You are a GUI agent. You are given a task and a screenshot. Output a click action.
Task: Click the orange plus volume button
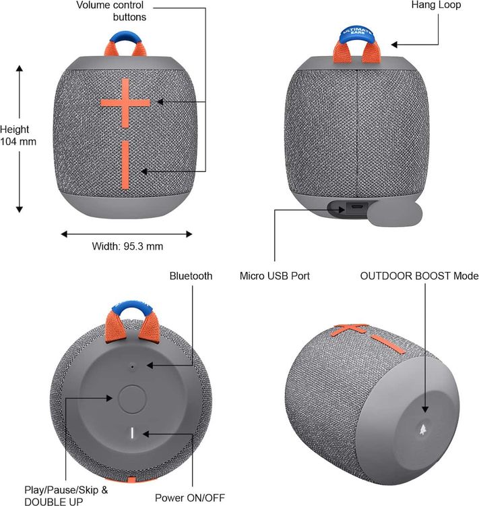(125, 103)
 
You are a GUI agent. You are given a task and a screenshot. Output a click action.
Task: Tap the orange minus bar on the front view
(125, 165)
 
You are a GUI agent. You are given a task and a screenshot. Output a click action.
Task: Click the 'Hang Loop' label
(436, 5)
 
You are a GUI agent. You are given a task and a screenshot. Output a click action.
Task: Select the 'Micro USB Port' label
(275, 276)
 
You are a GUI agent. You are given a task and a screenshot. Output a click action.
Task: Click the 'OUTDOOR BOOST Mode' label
(419, 276)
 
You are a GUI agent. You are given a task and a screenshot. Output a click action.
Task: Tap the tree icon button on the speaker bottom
(422, 429)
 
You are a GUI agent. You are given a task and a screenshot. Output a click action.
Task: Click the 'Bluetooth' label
(191, 276)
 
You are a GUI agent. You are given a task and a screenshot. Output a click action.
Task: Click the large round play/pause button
(132, 399)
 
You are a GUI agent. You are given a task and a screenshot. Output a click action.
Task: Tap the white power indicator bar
(132, 433)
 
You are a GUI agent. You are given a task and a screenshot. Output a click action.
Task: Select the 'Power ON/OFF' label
(190, 497)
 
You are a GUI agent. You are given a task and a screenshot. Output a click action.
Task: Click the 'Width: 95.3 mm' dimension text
(127, 246)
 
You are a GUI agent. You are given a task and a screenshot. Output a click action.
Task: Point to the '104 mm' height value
(18, 142)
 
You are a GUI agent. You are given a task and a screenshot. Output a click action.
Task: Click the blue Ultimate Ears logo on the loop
(357, 32)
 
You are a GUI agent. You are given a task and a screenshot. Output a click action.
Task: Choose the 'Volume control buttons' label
(111, 11)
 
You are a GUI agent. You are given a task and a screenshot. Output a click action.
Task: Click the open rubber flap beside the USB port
(395, 213)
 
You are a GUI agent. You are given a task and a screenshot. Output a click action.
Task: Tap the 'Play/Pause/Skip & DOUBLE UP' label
(66, 496)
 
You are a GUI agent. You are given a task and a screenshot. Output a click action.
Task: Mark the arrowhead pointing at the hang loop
(394, 45)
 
